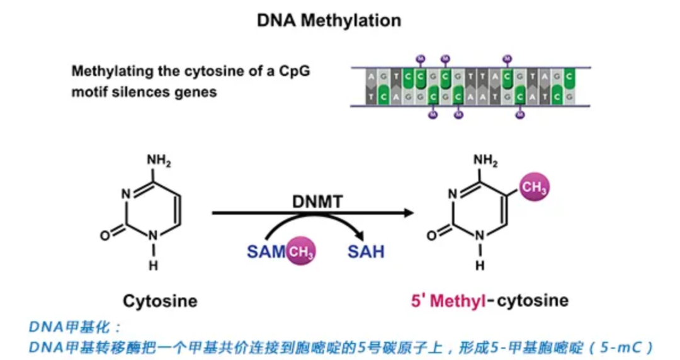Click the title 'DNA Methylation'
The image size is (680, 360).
coord(329,20)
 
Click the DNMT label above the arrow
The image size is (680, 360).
coord(318,202)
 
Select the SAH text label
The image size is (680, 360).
coord(366,252)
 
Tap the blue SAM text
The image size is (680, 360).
coord(266,252)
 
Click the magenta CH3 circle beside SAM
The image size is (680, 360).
coord(301,252)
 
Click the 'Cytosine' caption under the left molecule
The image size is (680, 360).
coord(160,301)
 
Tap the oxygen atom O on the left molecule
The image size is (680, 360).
coord(105,235)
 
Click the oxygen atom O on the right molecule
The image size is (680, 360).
coord(431,235)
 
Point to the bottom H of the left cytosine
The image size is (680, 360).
coord(153,266)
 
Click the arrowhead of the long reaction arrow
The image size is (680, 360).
coord(409,213)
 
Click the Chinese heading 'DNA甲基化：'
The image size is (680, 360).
coord(75,327)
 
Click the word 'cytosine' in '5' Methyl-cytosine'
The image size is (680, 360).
coord(533,301)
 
